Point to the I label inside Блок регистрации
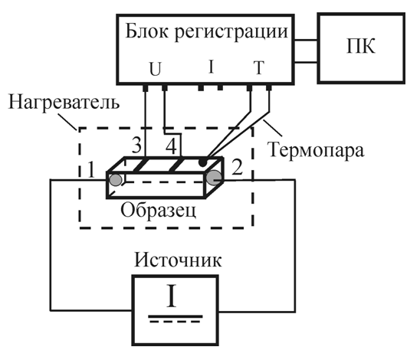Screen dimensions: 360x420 tap(211, 67)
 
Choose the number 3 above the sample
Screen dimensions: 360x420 tap(136, 145)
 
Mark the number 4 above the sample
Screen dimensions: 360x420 tap(174, 145)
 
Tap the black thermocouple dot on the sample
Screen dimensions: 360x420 tap(201, 163)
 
